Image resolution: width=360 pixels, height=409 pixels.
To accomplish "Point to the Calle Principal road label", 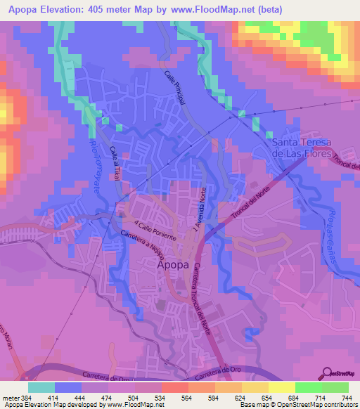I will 175,88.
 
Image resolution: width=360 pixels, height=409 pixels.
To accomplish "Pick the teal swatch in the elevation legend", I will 41,387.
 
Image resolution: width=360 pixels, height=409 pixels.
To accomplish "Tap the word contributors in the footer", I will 337,405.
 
